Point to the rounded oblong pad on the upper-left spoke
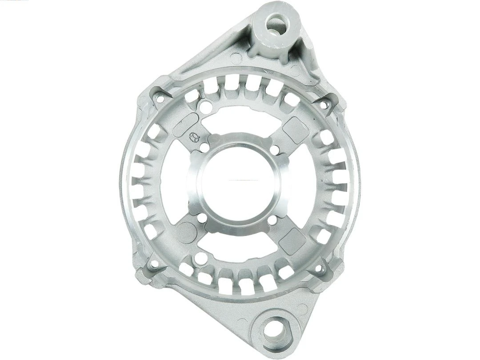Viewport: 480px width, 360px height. [x=186, y=124]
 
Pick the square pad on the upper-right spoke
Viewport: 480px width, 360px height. [x=296, y=130]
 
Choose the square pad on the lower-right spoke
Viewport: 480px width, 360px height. [x=292, y=240]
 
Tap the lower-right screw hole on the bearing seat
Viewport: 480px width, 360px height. [x=272, y=220]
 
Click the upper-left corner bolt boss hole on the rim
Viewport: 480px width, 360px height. [x=159, y=99]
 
